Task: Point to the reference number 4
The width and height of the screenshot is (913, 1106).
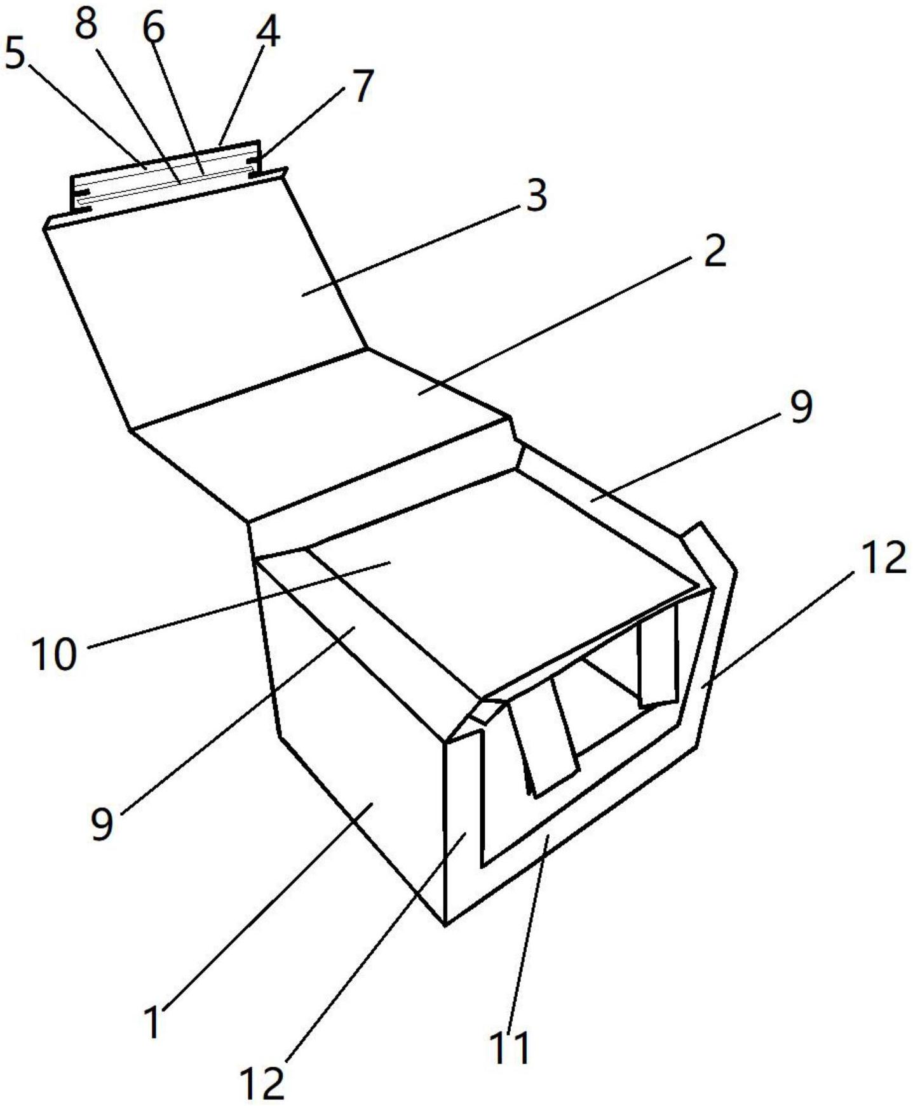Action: pyautogui.click(x=267, y=32)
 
